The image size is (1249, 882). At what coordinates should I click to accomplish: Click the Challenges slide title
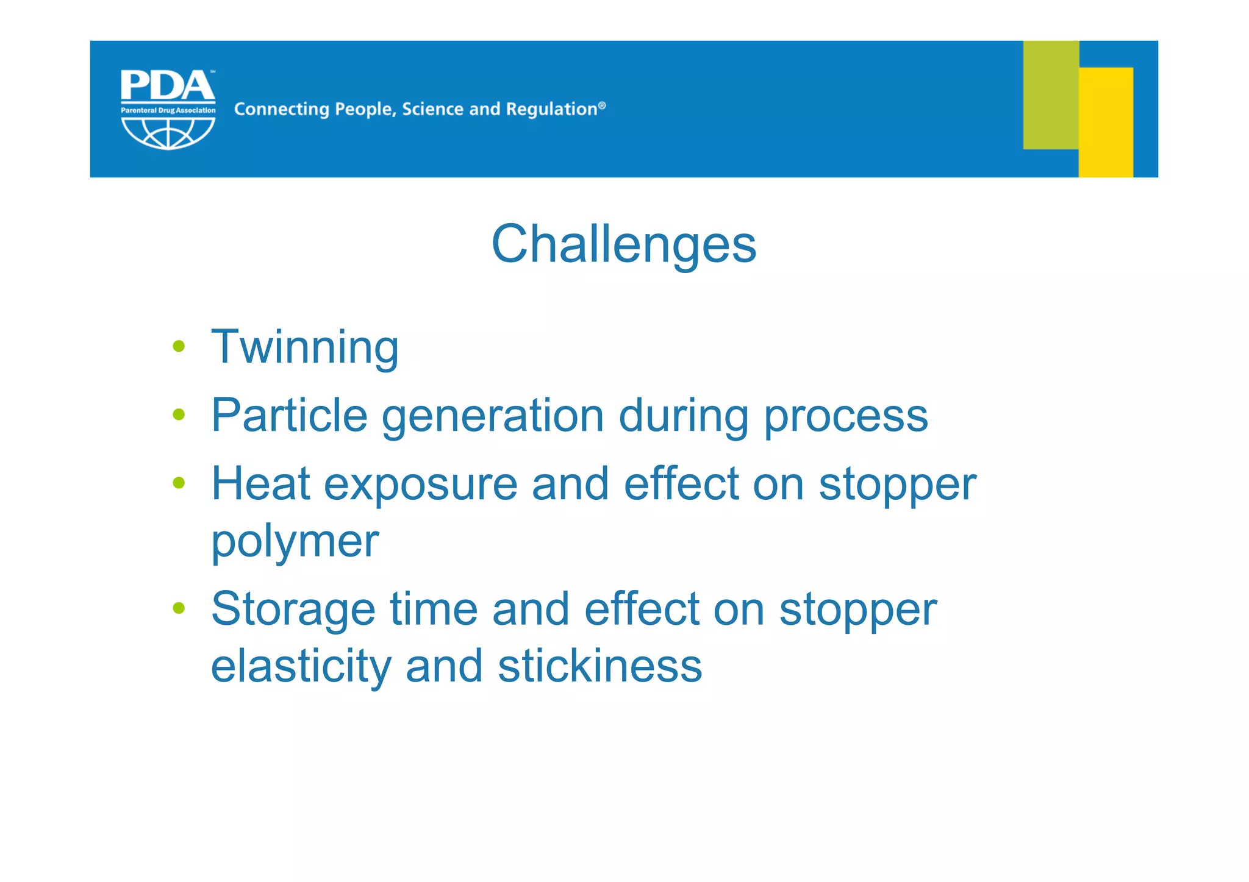click(623, 244)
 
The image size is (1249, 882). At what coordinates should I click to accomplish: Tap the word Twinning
click(304, 347)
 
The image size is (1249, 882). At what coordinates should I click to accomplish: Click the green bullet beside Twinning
click(179, 346)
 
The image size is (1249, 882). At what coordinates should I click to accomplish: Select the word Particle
click(289, 416)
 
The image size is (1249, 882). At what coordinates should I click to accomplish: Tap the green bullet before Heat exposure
click(179, 483)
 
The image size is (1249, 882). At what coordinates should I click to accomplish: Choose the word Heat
click(260, 483)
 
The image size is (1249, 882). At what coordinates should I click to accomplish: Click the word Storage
click(293, 610)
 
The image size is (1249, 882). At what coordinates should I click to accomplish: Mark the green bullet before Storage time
click(179, 607)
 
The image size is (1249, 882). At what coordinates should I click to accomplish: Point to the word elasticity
click(301, 666)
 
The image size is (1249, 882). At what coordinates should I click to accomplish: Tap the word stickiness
click(599, 666)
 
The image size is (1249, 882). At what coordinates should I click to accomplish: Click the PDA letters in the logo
click(167, 86)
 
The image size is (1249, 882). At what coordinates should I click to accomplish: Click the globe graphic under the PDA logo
click(168, 133)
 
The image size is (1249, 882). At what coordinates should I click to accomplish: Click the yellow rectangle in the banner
click(1106, 122)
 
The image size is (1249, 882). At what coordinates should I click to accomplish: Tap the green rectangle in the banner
click(1050, 94)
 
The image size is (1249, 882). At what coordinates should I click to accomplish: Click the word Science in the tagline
click(432, 109)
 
